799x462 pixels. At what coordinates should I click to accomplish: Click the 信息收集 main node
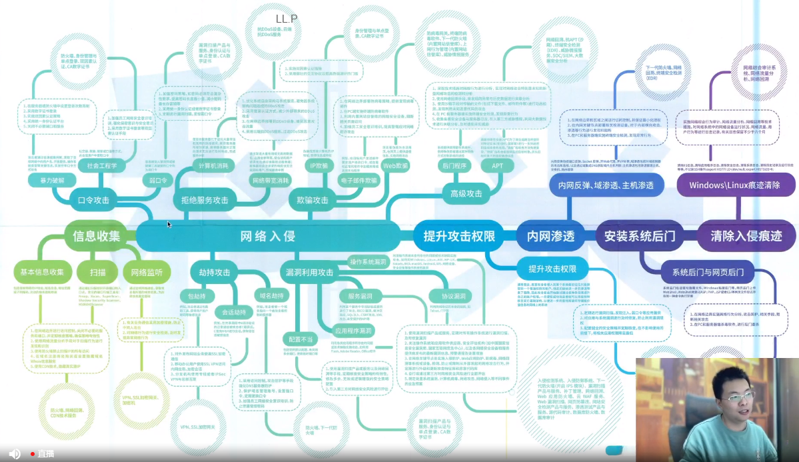pos(96,235)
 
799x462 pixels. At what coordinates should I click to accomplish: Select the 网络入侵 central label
pos(267,236)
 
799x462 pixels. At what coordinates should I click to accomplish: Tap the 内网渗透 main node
pos(550,236)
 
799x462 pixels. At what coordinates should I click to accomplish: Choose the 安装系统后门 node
pos(640,236)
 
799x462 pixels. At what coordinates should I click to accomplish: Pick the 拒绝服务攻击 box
pos(200,199)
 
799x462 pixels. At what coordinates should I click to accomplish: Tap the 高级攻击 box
pos(462,193)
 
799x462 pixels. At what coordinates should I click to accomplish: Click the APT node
pos(498,165)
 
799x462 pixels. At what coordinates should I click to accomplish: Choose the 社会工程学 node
pos(102,165)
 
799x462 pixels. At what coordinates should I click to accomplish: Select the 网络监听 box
pos(147,272)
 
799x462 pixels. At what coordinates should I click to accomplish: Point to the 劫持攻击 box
pos(214,272)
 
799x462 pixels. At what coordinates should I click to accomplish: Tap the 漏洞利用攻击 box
pos(309,272)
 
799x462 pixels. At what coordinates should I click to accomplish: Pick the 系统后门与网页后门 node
pos(708,272)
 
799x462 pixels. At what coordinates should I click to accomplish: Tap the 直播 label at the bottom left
pos(45,453)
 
